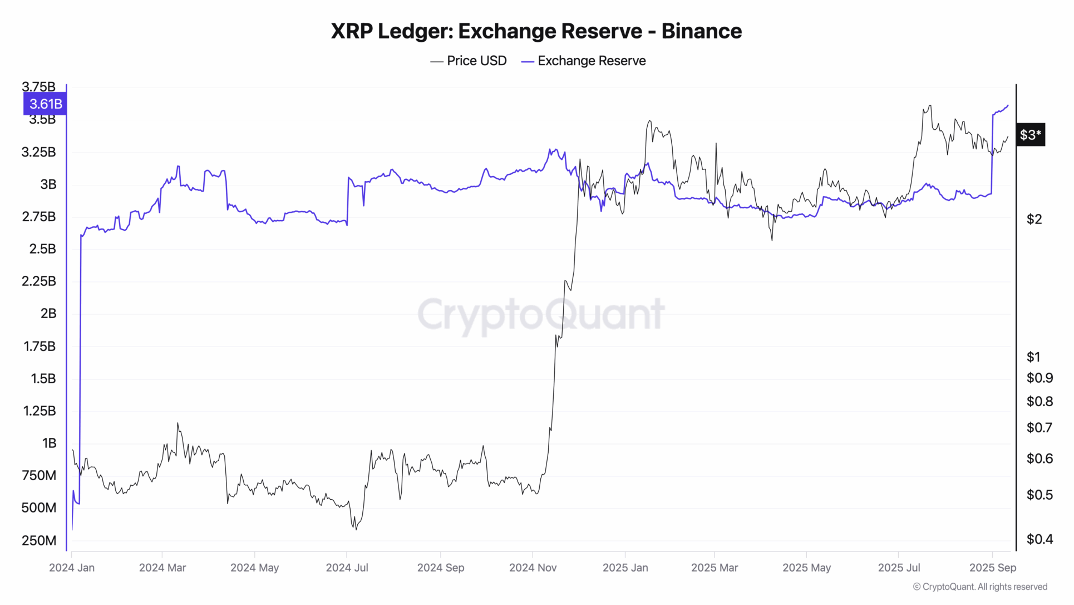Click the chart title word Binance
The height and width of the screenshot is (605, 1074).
coord(701,31)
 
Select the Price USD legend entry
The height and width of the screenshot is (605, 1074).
coord(469,61)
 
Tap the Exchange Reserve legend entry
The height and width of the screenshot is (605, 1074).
coord(583,61)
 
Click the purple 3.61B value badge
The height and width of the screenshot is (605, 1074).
coord(45,104)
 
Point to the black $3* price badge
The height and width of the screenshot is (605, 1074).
coord(1030,135)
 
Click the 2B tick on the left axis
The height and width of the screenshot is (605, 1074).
coord(48,314)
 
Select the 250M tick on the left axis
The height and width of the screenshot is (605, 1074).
coord(39,540)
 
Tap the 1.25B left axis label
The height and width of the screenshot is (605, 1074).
coord(40,411)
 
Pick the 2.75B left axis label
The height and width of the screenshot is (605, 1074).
coord(39,217)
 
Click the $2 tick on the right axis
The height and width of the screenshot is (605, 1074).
coord(1034,219)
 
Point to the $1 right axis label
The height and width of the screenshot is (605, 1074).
coord(1033,357)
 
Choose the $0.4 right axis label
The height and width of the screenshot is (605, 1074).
coord(1039,539)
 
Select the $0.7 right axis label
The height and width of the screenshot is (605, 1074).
coord(1039,428)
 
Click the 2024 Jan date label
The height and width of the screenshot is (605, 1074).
coord(72,568)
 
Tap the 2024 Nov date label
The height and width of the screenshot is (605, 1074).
coord(533,568)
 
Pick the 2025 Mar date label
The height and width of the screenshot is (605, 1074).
coord(715,568)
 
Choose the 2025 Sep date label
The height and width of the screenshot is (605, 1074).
coord(993,568)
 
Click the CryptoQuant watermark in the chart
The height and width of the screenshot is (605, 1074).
coord(541,314)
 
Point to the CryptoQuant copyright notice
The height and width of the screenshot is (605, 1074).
coord(980,587)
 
